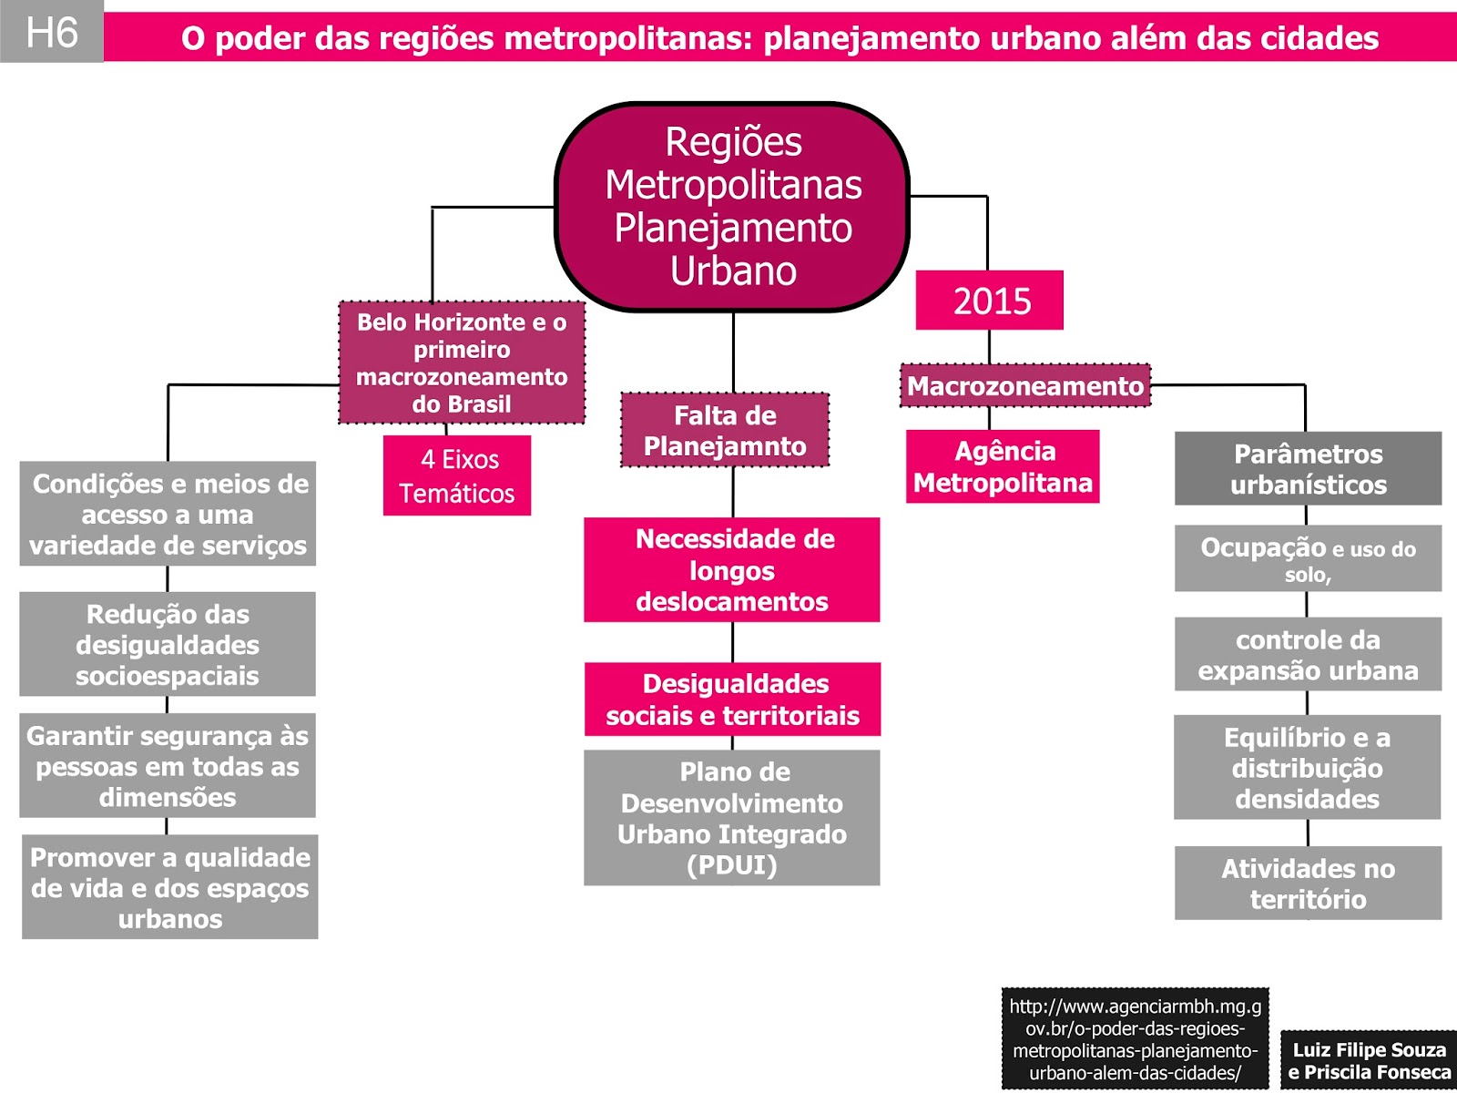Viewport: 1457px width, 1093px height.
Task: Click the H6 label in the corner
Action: coord(52,33)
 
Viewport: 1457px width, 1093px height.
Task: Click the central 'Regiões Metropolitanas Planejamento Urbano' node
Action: coord(732,207)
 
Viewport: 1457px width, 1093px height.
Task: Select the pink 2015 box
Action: coord(990,301)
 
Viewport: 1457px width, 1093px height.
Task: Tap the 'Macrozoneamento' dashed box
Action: coord(1025,386)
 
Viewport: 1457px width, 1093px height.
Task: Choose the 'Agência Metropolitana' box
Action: coord(1003,466)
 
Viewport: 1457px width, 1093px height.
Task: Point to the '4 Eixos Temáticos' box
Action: coord(457,475)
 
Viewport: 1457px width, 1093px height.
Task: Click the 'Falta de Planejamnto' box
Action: coord(725,430)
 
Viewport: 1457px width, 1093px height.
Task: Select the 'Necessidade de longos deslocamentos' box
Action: coord(732,570)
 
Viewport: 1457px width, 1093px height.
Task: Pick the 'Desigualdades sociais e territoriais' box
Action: coord(732,700)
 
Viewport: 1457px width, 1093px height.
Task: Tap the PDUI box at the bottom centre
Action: coord(732,818)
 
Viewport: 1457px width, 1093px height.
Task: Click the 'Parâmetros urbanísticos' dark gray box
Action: coord(1308,469)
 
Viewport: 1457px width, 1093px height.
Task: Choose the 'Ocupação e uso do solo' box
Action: coord(1308,558)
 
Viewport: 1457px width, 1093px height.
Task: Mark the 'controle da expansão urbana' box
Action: coord(1308,655)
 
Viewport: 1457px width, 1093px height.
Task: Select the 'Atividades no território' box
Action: coord(1308,884)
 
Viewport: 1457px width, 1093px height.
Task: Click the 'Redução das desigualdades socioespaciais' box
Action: coord(168,645)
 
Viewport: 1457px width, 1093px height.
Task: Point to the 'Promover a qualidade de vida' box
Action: coord(170,887)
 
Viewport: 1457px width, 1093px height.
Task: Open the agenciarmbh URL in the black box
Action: coord(1135,1039)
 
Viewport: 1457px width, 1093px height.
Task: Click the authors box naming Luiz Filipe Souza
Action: coord(1369,1060)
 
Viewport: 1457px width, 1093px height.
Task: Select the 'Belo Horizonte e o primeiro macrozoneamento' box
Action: coord(462,363)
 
